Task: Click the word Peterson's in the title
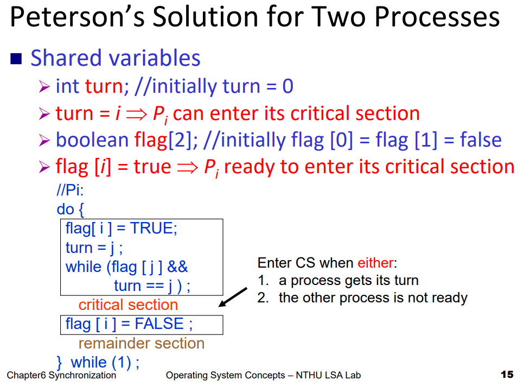point(77,17)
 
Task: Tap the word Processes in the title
point(437,17)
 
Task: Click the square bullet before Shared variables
point(16,59)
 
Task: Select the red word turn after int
point(104,86)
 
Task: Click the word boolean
point(92,140)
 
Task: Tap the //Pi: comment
point(70,191)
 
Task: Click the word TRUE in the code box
point(151,229)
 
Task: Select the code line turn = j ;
point(94,248)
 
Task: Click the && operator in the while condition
point(177,267)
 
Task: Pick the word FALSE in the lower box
point(159,324)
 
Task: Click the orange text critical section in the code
point(128,305)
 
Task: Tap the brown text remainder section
point(142,344)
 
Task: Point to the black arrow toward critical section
point(233,297)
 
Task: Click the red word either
point(375,263)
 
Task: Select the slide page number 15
point(507,375)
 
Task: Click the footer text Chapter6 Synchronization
point(61,375)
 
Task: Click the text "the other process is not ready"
point(373,298)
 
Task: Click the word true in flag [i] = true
point(152,167)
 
